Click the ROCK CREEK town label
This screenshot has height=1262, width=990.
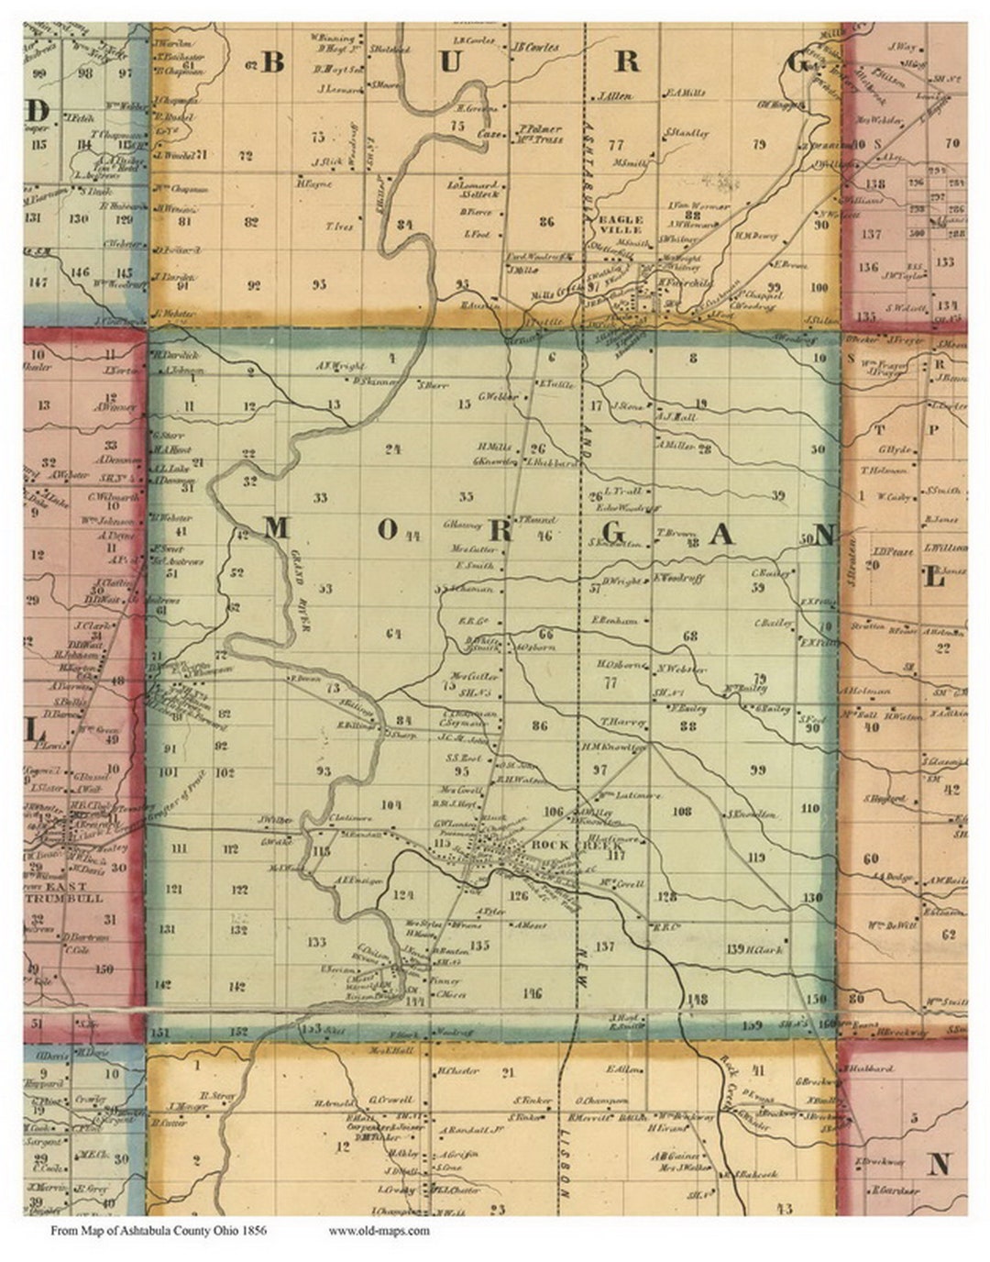click(x=556, y=844)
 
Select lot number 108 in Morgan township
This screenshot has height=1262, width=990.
click(x=682, y=811)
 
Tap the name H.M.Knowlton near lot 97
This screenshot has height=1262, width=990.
click(x=613, y=747)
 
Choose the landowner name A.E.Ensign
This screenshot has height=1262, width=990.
click(x=357, y=880)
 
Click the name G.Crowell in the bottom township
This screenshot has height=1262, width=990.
click(x=391, y=1099)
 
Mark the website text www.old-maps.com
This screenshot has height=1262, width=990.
click(x=379, y=1230)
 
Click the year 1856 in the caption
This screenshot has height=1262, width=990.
click(x=254, y=1230)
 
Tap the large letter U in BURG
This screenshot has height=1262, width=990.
click(x=450, y=61)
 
